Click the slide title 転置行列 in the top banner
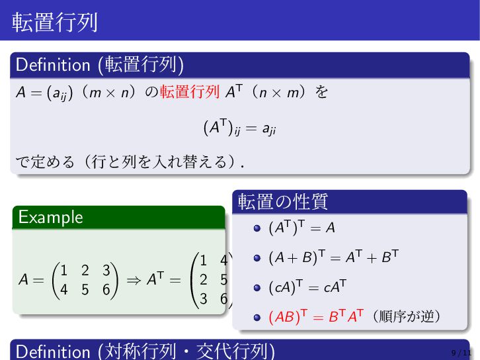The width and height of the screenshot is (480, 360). (x=54, y=22)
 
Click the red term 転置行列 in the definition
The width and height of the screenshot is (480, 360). (x=190, y=92)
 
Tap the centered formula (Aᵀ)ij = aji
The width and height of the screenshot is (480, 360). (x=240, y=128)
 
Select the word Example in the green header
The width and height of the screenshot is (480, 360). (x=50, y=218)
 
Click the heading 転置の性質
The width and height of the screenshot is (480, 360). (x=283, y=202)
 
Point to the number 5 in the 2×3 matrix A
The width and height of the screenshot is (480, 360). (x=85, y=290)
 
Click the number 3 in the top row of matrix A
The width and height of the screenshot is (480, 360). (x=106, y=270)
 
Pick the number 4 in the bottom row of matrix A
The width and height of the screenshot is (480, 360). (x=63, y=290)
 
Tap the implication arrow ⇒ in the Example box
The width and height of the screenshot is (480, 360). (x=134, y=280)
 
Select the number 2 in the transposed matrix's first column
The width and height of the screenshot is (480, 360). (x=203, y=279)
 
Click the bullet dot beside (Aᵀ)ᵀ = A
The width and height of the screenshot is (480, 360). (x=257, y=228)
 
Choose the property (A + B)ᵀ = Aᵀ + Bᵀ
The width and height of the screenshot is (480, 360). (x=334, y=257)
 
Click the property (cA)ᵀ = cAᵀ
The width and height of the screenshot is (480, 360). (x=307, y=287)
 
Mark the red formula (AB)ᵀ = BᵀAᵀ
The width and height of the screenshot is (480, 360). (x=316, y=316)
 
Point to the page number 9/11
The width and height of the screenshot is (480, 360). (x=461, y=353)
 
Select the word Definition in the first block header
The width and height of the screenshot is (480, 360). (x=53, y=65)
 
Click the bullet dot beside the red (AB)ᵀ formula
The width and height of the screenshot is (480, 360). (x=257, y=318)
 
